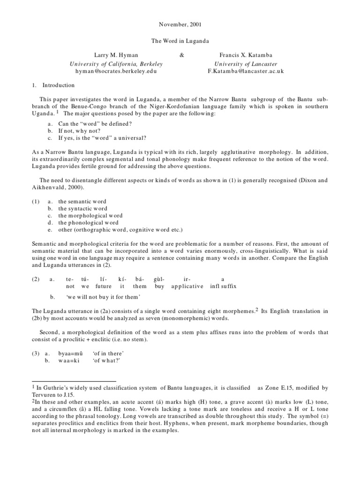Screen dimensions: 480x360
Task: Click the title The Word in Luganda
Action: click(180, 41)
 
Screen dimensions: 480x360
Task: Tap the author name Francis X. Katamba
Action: click(246, 55)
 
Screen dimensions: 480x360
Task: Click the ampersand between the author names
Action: click(182, 55)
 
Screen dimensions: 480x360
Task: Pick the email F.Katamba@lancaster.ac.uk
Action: click(246, 71)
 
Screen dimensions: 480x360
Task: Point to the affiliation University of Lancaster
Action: click(246, 63)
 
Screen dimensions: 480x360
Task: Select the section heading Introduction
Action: click(59, 85)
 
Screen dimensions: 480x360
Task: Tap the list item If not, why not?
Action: click(81, 131)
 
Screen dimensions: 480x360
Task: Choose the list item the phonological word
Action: click(88, 223)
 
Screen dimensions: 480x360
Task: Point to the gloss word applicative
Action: click(187, 286)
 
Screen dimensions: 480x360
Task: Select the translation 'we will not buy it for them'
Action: click(104, 297)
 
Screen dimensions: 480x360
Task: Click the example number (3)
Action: click(36, 353)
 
